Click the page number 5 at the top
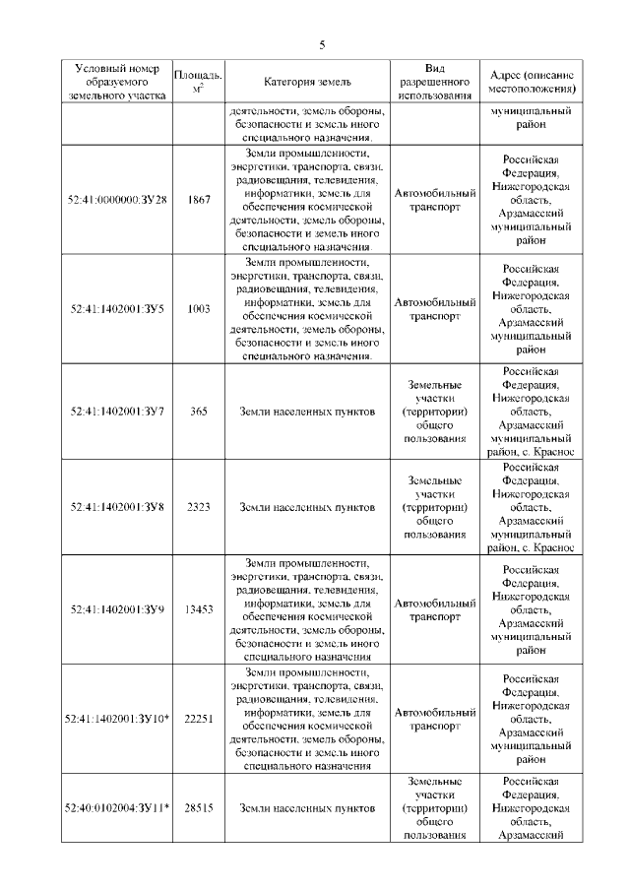pyautogui.click(x=321, y=44)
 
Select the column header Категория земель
pyautogui.click(x=307, y=82)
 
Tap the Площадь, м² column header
pyautogui.click(x=198, y=82)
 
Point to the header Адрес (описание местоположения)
pyautogui.click(x=533, y=82)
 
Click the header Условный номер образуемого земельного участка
pyautogui.click(x=118, y=82)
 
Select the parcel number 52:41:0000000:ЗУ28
pyautogui.click(x=118, y=200)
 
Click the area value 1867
pyautogui.click(x=199, y=200)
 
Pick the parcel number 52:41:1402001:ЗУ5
pyautogui.click(x=118, y=309)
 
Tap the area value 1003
pyautogui.click(x=199, y=309)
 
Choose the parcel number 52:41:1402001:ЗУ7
pyautogui.click(x=118, y=411)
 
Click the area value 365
pyautogui.click(x=199, y=411)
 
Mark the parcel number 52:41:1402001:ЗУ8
pyautogui.click(x=118, y=507)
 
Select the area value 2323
pyautogui.click(x=199, y=507)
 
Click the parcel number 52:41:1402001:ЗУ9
pyautogui.click(x=118, y=609)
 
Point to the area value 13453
pyautogui.click(x=199, y=609)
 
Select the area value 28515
pyautogui.click(x=199, y=808)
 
